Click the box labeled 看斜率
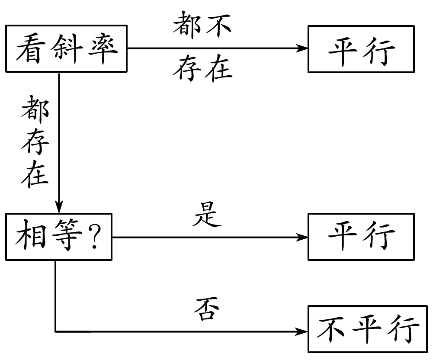coord(67,48)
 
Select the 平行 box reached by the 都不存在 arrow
coord(361,48)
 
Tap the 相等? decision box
coord(58,237)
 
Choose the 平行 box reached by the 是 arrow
coord(361,237)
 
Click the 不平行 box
coord(367,329)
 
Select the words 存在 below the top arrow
coord(202,69)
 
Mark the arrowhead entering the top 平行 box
coord(302,48)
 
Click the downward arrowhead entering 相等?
coord(58,206)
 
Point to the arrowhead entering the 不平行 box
coord(302,332)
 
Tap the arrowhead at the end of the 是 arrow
coord(302,237)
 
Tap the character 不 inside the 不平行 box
coord(331,330)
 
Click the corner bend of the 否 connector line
coord(56,332)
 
